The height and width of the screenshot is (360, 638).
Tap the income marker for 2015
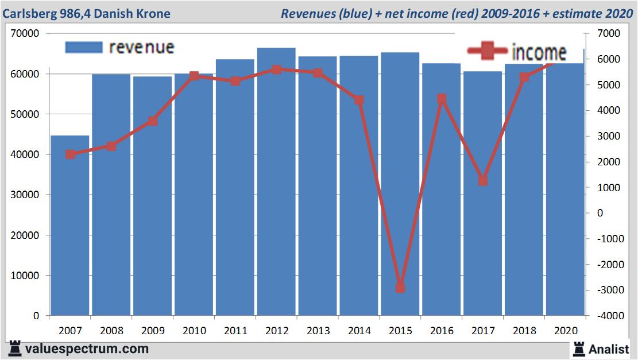click(x=400, y=288)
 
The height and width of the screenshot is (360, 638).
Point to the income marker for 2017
click(x=483, y=181)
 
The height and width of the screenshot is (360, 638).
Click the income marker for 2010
click(x=194, y=76)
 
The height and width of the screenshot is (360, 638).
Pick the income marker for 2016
click(x=442, y=99)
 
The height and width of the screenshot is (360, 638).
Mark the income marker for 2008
click(x=111, y=146)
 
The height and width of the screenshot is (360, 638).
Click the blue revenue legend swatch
click(x=84, y=47)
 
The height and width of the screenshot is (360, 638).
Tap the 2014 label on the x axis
click(x=359, y=331)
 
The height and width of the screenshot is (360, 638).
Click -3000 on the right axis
click(x=609, y=291)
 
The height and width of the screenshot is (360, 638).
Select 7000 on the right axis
click(x=609, y=34)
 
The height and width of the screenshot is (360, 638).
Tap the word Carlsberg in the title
click(x=29, y=13)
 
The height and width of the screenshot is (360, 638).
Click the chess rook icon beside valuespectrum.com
click(x=14, y=349)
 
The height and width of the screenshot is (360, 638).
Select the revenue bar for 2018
click(x=524, y=189)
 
